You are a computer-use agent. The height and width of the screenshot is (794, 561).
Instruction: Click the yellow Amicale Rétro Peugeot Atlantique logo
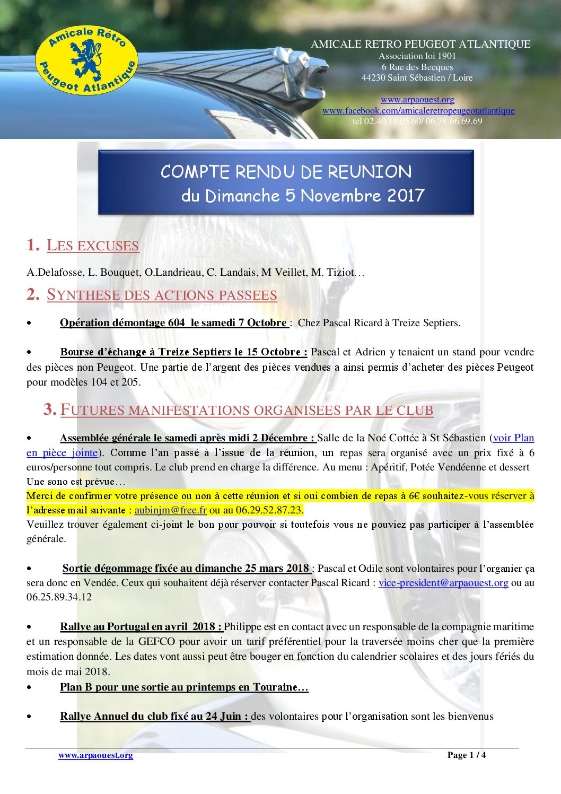86,60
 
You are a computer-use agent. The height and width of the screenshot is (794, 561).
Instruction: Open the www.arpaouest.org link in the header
417,99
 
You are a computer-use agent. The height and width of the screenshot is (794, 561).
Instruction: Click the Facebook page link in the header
418,110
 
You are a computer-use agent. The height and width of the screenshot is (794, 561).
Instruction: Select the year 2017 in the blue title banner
406,195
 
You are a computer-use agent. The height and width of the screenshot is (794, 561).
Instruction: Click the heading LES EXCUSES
92,245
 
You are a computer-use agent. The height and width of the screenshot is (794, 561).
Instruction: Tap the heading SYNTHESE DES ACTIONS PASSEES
162,294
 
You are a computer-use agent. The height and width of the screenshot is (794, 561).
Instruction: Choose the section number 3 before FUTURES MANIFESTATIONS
50,409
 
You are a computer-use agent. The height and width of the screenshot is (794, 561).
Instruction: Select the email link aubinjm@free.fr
170,510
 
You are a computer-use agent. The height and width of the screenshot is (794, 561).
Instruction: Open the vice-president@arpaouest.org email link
443,582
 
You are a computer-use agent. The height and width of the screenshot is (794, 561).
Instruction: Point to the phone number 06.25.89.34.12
59,597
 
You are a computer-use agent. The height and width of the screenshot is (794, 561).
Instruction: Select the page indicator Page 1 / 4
467,755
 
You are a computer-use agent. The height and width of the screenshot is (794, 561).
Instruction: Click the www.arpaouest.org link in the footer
95,755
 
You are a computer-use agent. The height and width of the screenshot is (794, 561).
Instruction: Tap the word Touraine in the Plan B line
275,687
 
